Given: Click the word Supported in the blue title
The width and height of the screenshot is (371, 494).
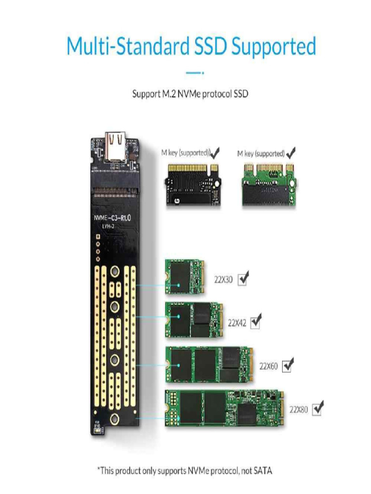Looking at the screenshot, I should pyautogui.click(x=273, y=47).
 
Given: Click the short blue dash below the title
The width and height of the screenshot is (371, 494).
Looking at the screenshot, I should pyautogui.click(x=194, y=73).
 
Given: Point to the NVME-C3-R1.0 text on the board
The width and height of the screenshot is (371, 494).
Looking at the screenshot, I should pyautogui.click(x=112, y=218).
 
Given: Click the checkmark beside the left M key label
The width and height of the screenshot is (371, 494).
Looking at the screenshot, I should pyautogui.click(x=215, y=153).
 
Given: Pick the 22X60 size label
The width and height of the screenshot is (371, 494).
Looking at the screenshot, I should pyautogui.click(x=269, y=366).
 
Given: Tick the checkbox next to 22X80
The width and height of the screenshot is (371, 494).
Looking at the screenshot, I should pyautogui.click(x=318, y=409).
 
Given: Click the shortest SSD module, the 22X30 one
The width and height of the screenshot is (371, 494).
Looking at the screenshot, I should pyautogui.click(x=185, y=277).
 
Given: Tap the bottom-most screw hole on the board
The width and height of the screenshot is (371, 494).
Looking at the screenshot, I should pyautogui.click(x=115, y=419).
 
